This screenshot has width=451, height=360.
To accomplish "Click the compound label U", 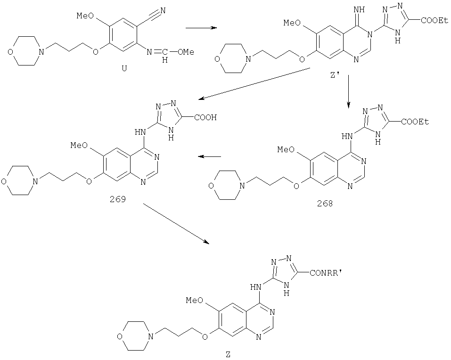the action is (x=124, y=69).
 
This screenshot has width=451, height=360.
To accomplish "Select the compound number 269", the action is (x=118, y=199).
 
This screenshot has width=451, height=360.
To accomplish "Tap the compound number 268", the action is (x=325, y=204).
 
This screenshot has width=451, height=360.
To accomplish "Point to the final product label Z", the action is (x=228, y=354).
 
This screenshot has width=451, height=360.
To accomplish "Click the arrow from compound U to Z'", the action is (x=201, y=28).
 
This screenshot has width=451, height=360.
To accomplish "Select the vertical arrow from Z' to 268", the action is (x=348, y=91).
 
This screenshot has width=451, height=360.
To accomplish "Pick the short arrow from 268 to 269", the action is (x=209, y=156).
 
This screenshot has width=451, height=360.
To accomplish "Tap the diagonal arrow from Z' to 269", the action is (x=254, y=84).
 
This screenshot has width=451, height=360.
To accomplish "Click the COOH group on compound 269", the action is (x=205, y=117).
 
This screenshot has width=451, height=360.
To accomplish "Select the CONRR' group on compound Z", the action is (x=323, y=272).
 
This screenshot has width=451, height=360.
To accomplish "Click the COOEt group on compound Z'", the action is (x=435, y=20).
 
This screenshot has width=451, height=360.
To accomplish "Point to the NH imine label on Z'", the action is (x=359, y=9).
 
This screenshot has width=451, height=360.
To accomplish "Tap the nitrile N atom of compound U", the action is (x=163, y=11).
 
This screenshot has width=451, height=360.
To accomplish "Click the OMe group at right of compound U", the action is (x=186, y=52).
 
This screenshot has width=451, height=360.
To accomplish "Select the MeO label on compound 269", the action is (x=79, y=145).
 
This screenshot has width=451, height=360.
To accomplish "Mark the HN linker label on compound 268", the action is (x=347, y=136).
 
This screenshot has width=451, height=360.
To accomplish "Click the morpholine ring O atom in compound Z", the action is (x=119, y=336).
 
